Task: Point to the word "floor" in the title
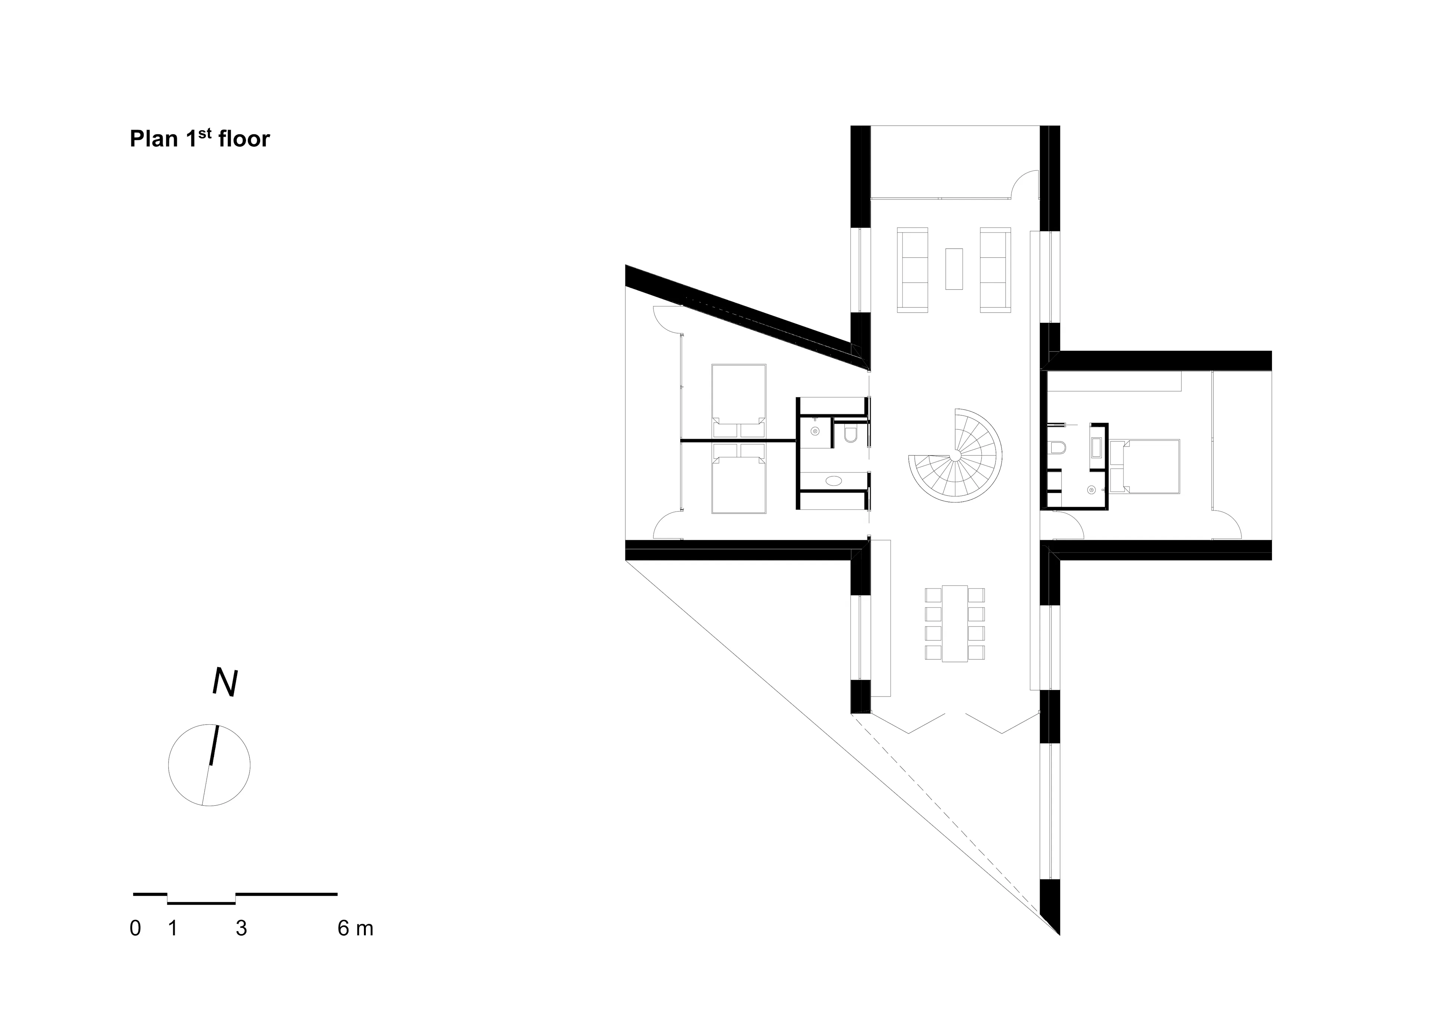(244, 139)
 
